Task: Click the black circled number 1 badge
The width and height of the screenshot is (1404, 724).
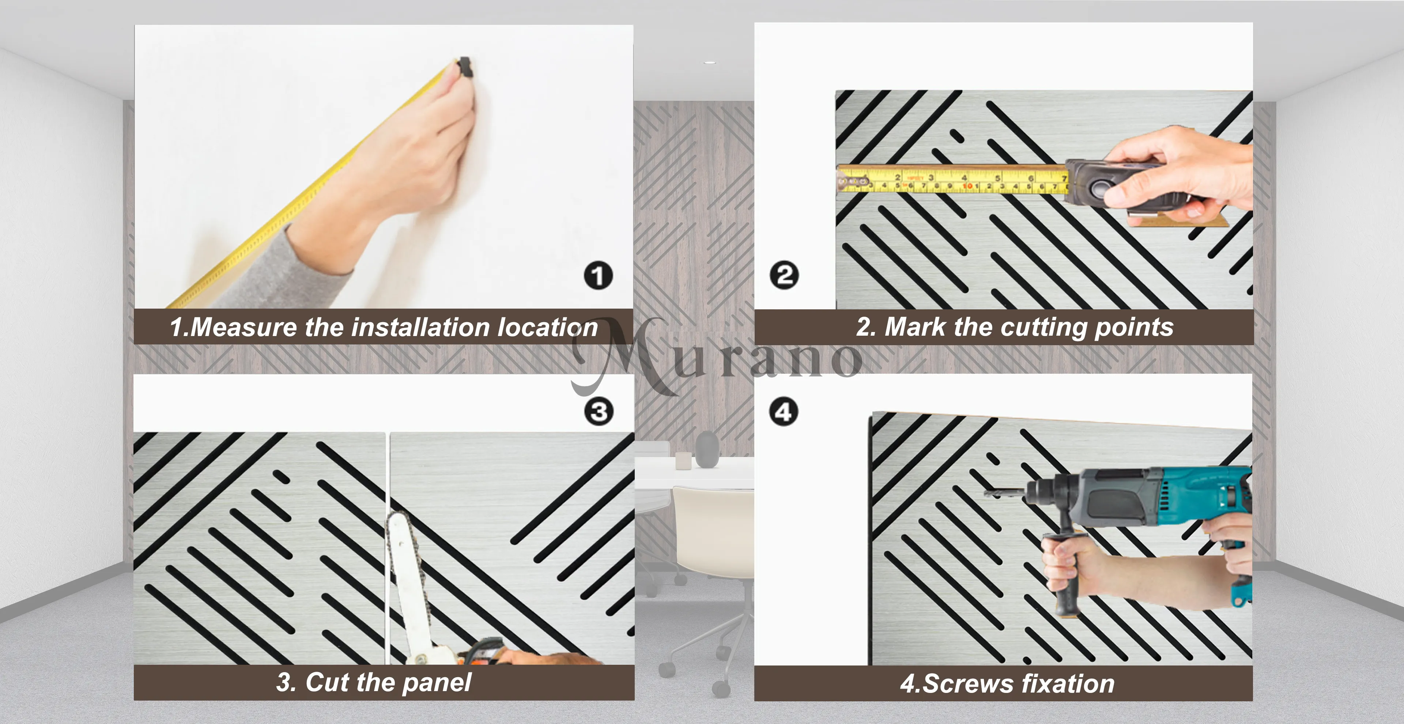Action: pyautogui.click(x=599, y=275)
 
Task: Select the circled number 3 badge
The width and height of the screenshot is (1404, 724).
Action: pyautogui.click(x=599, y=412)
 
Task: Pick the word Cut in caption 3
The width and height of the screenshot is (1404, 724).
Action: pyautogui.click(x=325, y=682)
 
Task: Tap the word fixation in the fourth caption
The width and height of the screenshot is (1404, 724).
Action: pyautogui.click(x=1068, y=684)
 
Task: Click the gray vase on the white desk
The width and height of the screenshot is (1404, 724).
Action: pyautogui.click(x=707, y=449)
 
